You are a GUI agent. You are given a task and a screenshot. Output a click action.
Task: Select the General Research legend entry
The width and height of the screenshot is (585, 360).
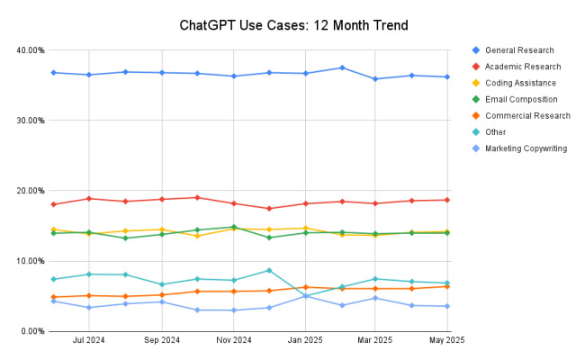[x=519, y=49]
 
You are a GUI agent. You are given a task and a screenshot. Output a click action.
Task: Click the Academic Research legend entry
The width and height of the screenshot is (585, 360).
[x=523, y=66]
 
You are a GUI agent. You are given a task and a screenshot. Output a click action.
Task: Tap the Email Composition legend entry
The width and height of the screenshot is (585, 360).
[x=521, y=99]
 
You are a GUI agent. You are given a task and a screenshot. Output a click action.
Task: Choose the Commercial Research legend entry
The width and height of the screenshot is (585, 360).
[x=527, y=115]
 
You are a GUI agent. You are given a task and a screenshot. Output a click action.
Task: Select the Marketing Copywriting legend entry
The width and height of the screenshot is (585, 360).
[x=526, y=148]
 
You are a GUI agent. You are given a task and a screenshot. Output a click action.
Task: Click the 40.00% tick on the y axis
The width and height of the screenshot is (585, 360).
[x=30, y=50]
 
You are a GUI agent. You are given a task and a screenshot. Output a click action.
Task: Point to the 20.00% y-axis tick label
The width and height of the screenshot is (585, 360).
[x=30, y=191]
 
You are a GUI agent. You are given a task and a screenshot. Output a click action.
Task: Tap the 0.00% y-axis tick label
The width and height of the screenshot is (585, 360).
[x=31, y=331]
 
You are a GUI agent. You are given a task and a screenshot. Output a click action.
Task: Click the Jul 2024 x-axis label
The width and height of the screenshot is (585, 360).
[x=89, y=341]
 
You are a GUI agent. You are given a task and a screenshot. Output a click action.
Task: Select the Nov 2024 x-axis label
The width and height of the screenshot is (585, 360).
[x=233, y=341]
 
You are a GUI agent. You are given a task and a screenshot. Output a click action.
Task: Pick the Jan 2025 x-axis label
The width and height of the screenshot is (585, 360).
[x=306, y=341]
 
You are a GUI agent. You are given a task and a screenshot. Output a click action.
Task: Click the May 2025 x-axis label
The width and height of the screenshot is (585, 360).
[x=447, y=341]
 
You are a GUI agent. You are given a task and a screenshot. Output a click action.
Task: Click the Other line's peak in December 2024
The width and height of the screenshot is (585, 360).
[x=269, y=270]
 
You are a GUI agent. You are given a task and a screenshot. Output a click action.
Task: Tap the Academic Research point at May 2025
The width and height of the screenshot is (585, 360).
[x=447, y=200]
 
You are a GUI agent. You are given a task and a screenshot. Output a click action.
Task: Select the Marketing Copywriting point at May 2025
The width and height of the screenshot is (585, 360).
[x=447, y=306]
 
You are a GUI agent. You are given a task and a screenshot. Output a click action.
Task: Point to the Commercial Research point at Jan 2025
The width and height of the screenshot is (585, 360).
[x=306, y=287]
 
